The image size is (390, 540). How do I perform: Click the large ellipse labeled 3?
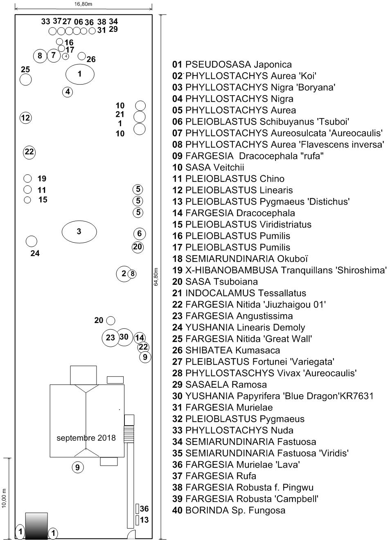79,232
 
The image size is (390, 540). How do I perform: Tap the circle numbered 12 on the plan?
26,118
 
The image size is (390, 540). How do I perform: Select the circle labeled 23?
110,338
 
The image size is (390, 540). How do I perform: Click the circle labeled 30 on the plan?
124,337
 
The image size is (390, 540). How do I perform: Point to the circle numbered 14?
140,337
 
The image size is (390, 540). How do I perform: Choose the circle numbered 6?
140,234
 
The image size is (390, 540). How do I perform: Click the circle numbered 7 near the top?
53,55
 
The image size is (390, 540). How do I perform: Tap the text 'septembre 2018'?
86,438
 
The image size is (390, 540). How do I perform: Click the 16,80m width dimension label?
83,4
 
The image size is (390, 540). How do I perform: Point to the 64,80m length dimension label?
156,277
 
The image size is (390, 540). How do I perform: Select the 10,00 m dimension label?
5,498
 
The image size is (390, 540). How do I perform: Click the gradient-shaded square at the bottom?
36,526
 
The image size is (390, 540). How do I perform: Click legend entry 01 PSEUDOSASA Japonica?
232,65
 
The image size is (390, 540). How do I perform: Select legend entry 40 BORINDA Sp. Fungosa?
229,510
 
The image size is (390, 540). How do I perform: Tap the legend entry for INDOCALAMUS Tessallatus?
239,293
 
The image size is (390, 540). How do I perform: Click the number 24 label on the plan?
35,253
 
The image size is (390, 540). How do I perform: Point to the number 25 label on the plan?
25,70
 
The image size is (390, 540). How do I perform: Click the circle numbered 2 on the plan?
123,273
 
